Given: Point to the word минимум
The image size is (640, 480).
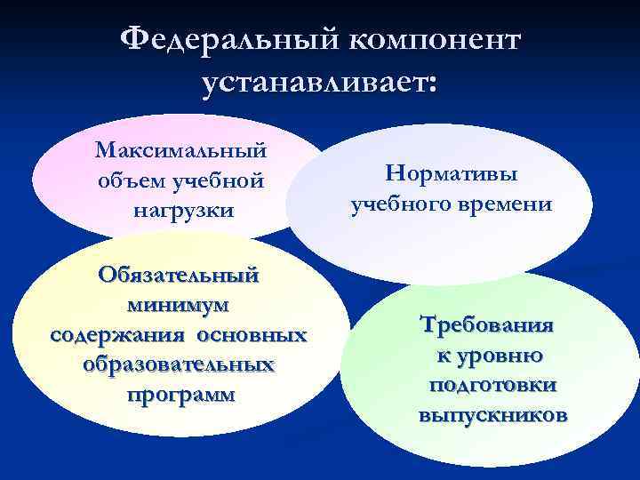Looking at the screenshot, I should click(x=179, y=305).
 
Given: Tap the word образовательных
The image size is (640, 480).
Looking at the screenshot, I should click(x=179, y=364).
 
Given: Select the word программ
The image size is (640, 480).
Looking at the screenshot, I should click(x=180, y=394).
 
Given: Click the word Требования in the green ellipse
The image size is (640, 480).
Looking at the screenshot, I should click(x=491, y=324).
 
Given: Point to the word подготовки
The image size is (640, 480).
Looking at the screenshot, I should click(x=492, y=386).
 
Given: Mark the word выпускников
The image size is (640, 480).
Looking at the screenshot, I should click(x=492, y=415).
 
